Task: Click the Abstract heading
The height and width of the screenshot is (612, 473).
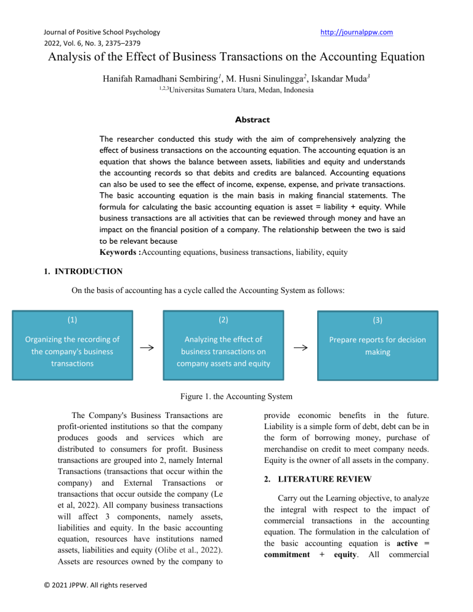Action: click(x=236, y=121)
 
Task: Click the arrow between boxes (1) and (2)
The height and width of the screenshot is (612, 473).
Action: click(x=147, y=348)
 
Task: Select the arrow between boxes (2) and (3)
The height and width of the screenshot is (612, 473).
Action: click(x=300, y=348)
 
